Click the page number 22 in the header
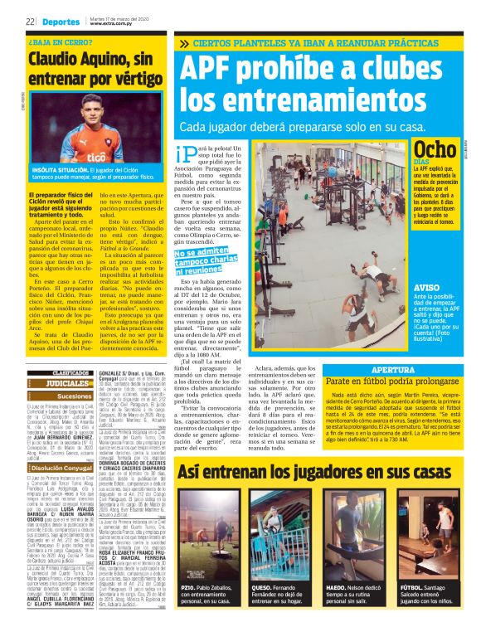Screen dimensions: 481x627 [30, 21]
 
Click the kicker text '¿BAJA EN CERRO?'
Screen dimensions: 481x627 [60, 41]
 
